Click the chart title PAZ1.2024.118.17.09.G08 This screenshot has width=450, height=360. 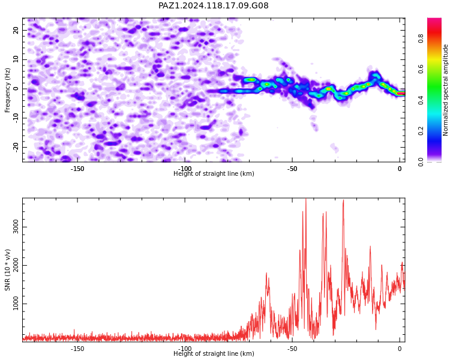click(214, 5)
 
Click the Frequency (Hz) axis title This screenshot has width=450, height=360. click(7, 90)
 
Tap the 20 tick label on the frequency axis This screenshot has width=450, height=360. click(16, 30)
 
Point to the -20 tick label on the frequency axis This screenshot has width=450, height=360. click(16, 148)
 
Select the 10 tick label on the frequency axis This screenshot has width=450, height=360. click(16, 59)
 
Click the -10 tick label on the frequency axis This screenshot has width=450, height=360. click(16, 118)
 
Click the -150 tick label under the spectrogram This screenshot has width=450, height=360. click(77, 169)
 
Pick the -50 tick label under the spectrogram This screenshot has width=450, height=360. click(292, 169)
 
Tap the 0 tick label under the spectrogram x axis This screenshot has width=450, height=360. click(400, 169)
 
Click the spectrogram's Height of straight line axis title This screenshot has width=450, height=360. click(214, 173)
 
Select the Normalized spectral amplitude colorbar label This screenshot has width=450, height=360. click(445, 90)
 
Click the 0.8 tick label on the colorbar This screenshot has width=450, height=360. click(421, 38)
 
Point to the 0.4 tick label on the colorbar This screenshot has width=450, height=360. click(421, 100)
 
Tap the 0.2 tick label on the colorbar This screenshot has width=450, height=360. click(421, 131)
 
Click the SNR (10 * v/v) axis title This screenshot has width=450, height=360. click(7, 270)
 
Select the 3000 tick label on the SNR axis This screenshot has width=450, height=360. click(16, 227)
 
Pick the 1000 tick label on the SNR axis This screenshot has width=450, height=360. click(16, 304)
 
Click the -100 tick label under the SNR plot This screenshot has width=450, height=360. click(185, 349)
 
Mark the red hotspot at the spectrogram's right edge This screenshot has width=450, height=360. click(401, 94)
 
